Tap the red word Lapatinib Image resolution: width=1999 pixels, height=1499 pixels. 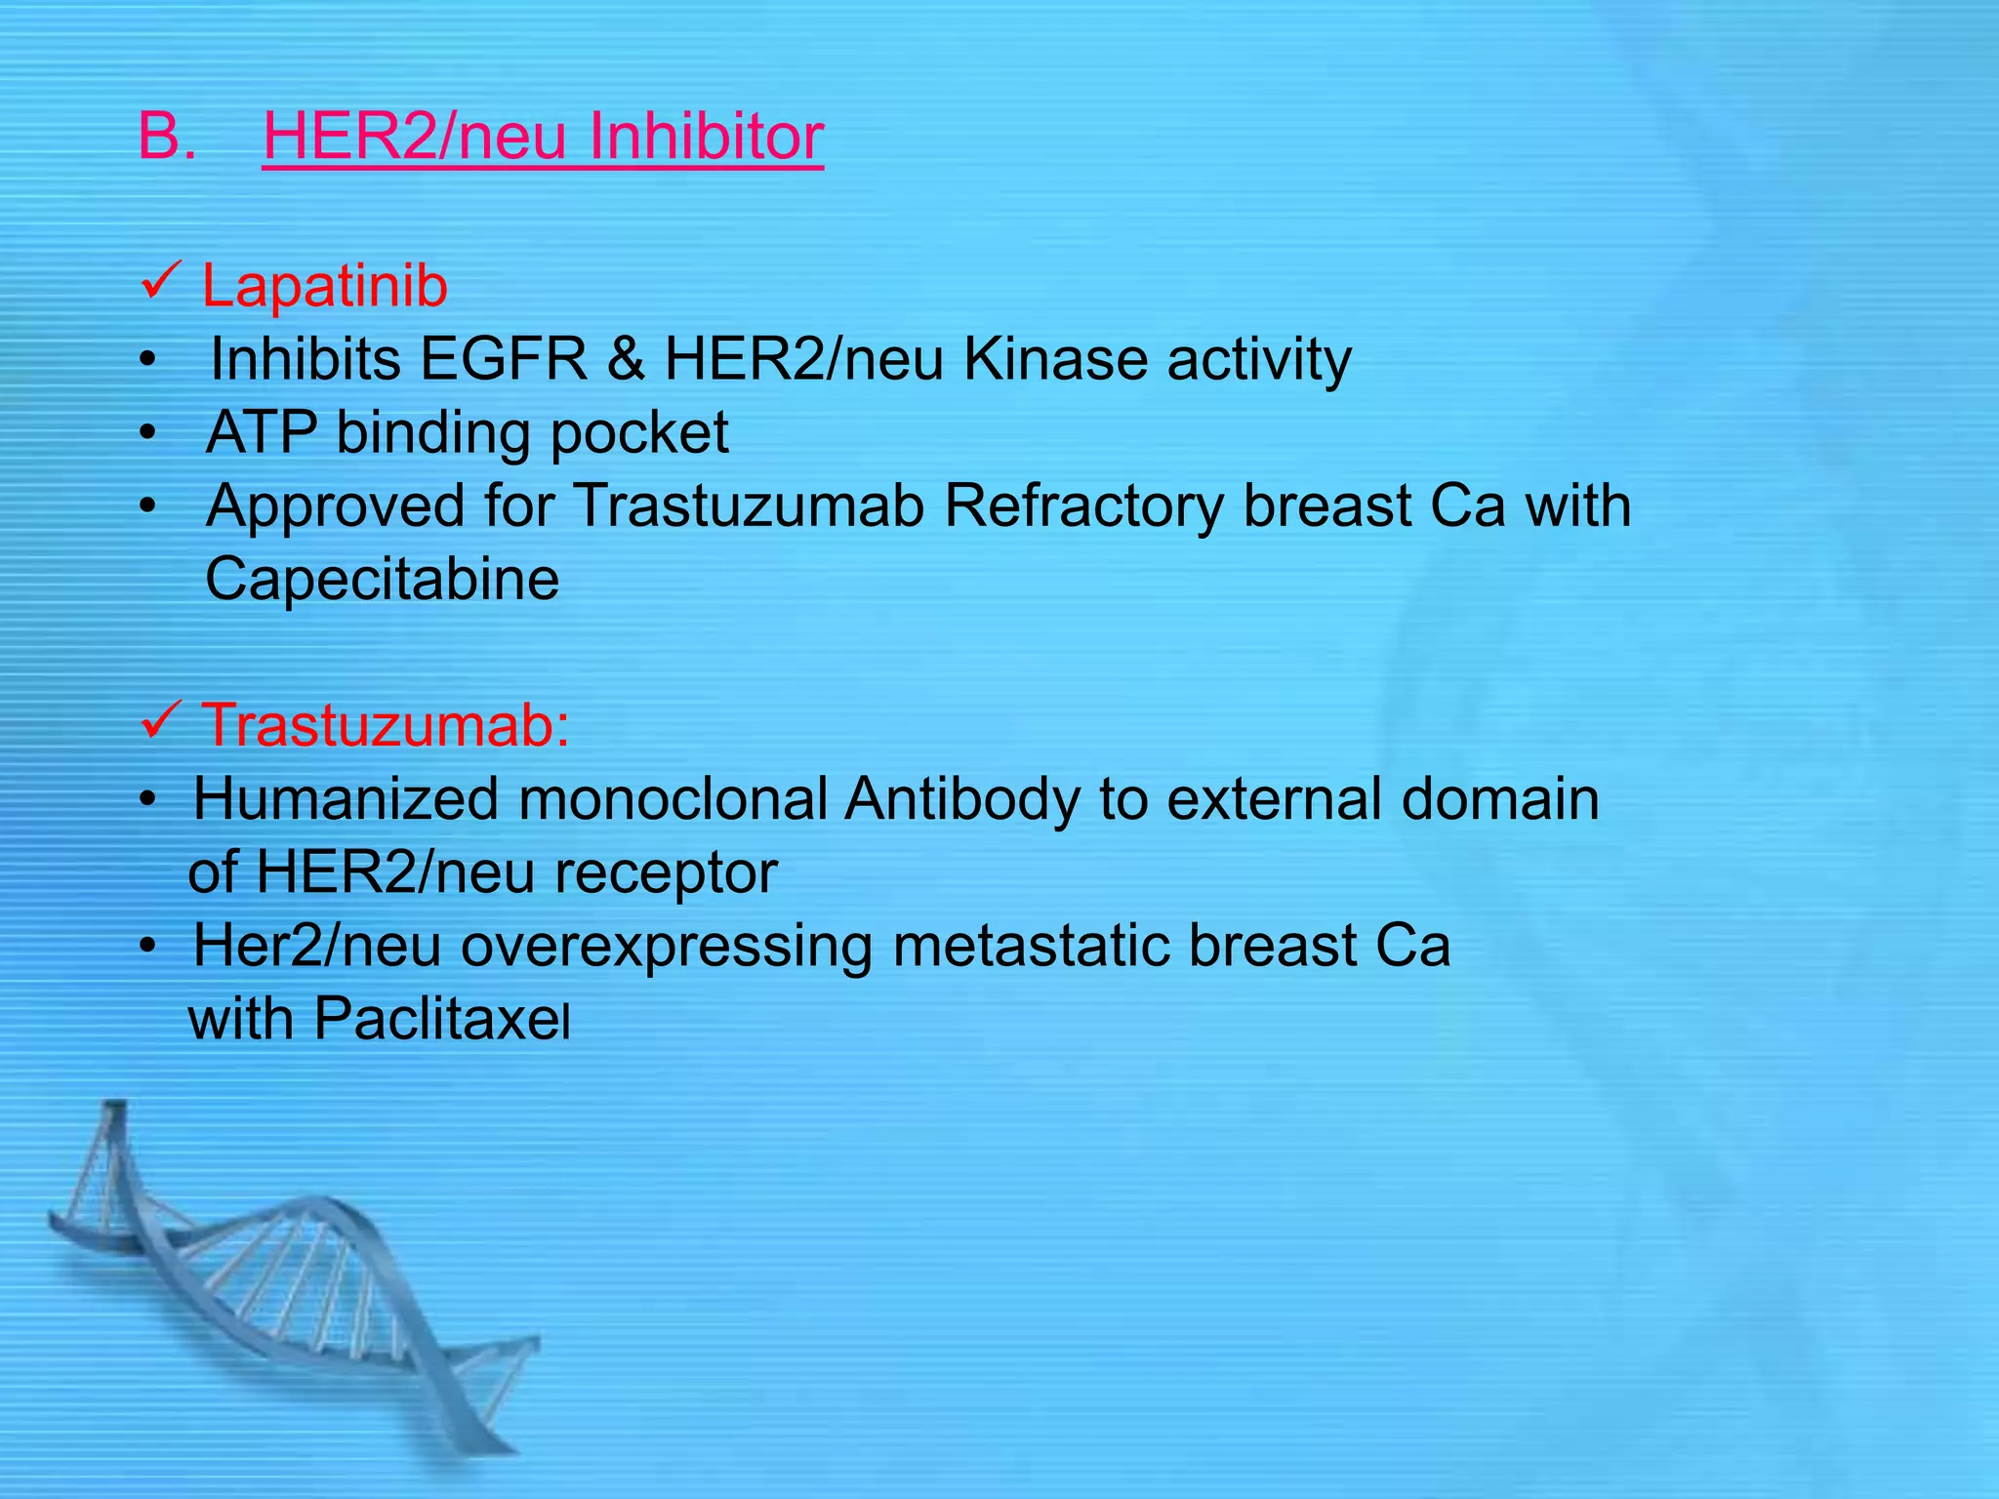tap(324, 287)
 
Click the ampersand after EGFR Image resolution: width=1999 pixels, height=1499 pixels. tap(626, 359)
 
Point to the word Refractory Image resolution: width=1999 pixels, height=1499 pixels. tap(1083, 506)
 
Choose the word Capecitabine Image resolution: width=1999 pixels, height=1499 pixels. tap(383, 580)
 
